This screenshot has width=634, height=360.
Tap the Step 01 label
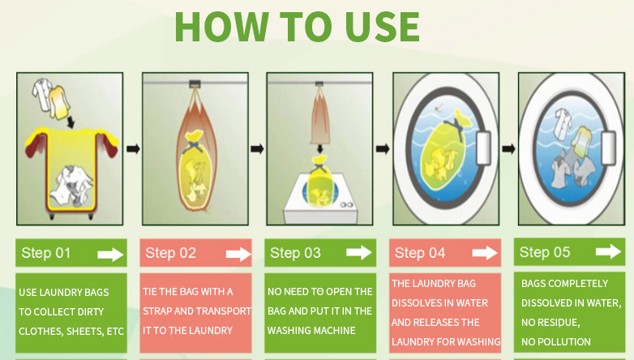(x=46, y=253)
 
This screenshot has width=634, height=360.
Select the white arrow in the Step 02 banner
(x=238, y=254)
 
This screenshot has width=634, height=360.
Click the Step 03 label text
(x=295, y=253)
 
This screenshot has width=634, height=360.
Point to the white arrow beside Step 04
(x=485, y=253)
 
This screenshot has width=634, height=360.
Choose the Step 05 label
(x=545, y=252)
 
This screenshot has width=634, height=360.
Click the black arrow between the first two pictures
(x=133, y=149)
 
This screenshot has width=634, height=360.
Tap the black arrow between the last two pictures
(x=508, y=149)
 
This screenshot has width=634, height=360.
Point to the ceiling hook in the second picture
(x=195, y=84)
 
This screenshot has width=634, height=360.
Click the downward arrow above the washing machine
(x=319, y=148)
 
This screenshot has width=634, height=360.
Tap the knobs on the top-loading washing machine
(x=346, y=205)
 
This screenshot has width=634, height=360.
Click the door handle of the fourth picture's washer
(x=483, y=148)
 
